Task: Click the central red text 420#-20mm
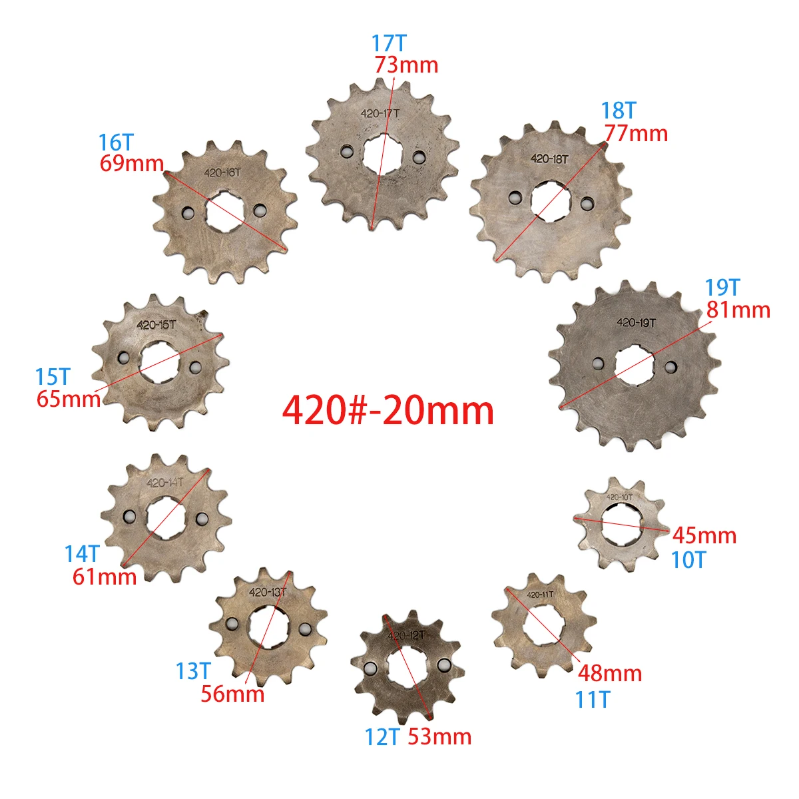point(388,411)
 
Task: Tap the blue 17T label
point(389,43)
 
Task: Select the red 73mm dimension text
point(406,65)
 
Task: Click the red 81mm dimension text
point(738,310)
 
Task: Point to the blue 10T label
point(688,561)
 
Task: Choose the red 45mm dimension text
point(704,536)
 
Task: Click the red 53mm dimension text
point(439,737)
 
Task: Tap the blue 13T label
point(193,671)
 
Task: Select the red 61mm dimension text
point(105,577)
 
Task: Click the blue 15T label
point(53,378)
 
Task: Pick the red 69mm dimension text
point(132,164)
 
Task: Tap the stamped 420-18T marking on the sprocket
point(549,158)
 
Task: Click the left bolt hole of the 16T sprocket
point(188,212)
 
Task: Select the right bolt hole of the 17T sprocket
point(418,156)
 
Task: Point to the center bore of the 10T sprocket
point(621,524)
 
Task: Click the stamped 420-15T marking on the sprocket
point(156,325)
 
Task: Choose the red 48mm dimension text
point(609,674)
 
